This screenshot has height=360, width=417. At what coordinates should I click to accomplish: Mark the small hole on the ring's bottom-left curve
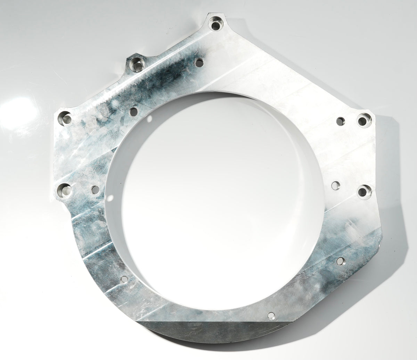[124, 279]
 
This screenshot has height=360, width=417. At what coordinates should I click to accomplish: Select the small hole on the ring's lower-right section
[340, 260]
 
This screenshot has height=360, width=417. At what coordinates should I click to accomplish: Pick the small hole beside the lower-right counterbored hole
[336, 185]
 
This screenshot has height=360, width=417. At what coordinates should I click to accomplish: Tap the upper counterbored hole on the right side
[362, 121]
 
